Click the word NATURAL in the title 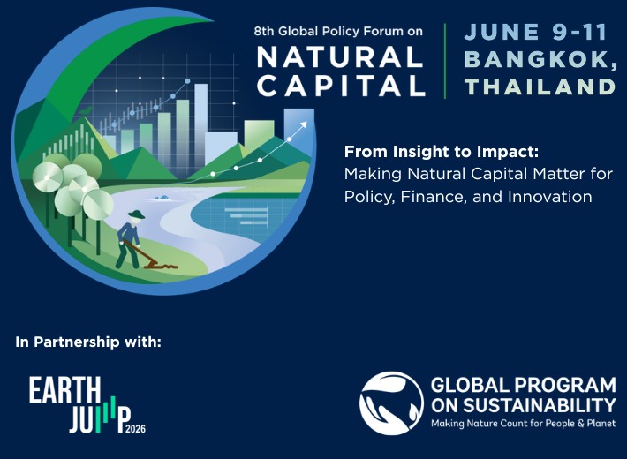click(340, 56)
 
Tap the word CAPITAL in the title click(341, 86)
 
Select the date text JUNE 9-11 click(535, 32)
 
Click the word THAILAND click(540, 87)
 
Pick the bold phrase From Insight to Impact click(442, 152)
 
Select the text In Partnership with click(88, 342)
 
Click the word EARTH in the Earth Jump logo click(64, 390)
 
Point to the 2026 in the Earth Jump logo click(136, 429)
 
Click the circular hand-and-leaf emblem click(391, 403)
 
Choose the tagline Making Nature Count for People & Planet click(523, 424)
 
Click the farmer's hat click(136, 214)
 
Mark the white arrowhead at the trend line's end click(303, 124)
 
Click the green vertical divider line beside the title click(445, 61)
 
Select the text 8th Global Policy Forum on click(338, 31)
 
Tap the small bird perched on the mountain click(86, 110)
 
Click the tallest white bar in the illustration click(200, 128)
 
